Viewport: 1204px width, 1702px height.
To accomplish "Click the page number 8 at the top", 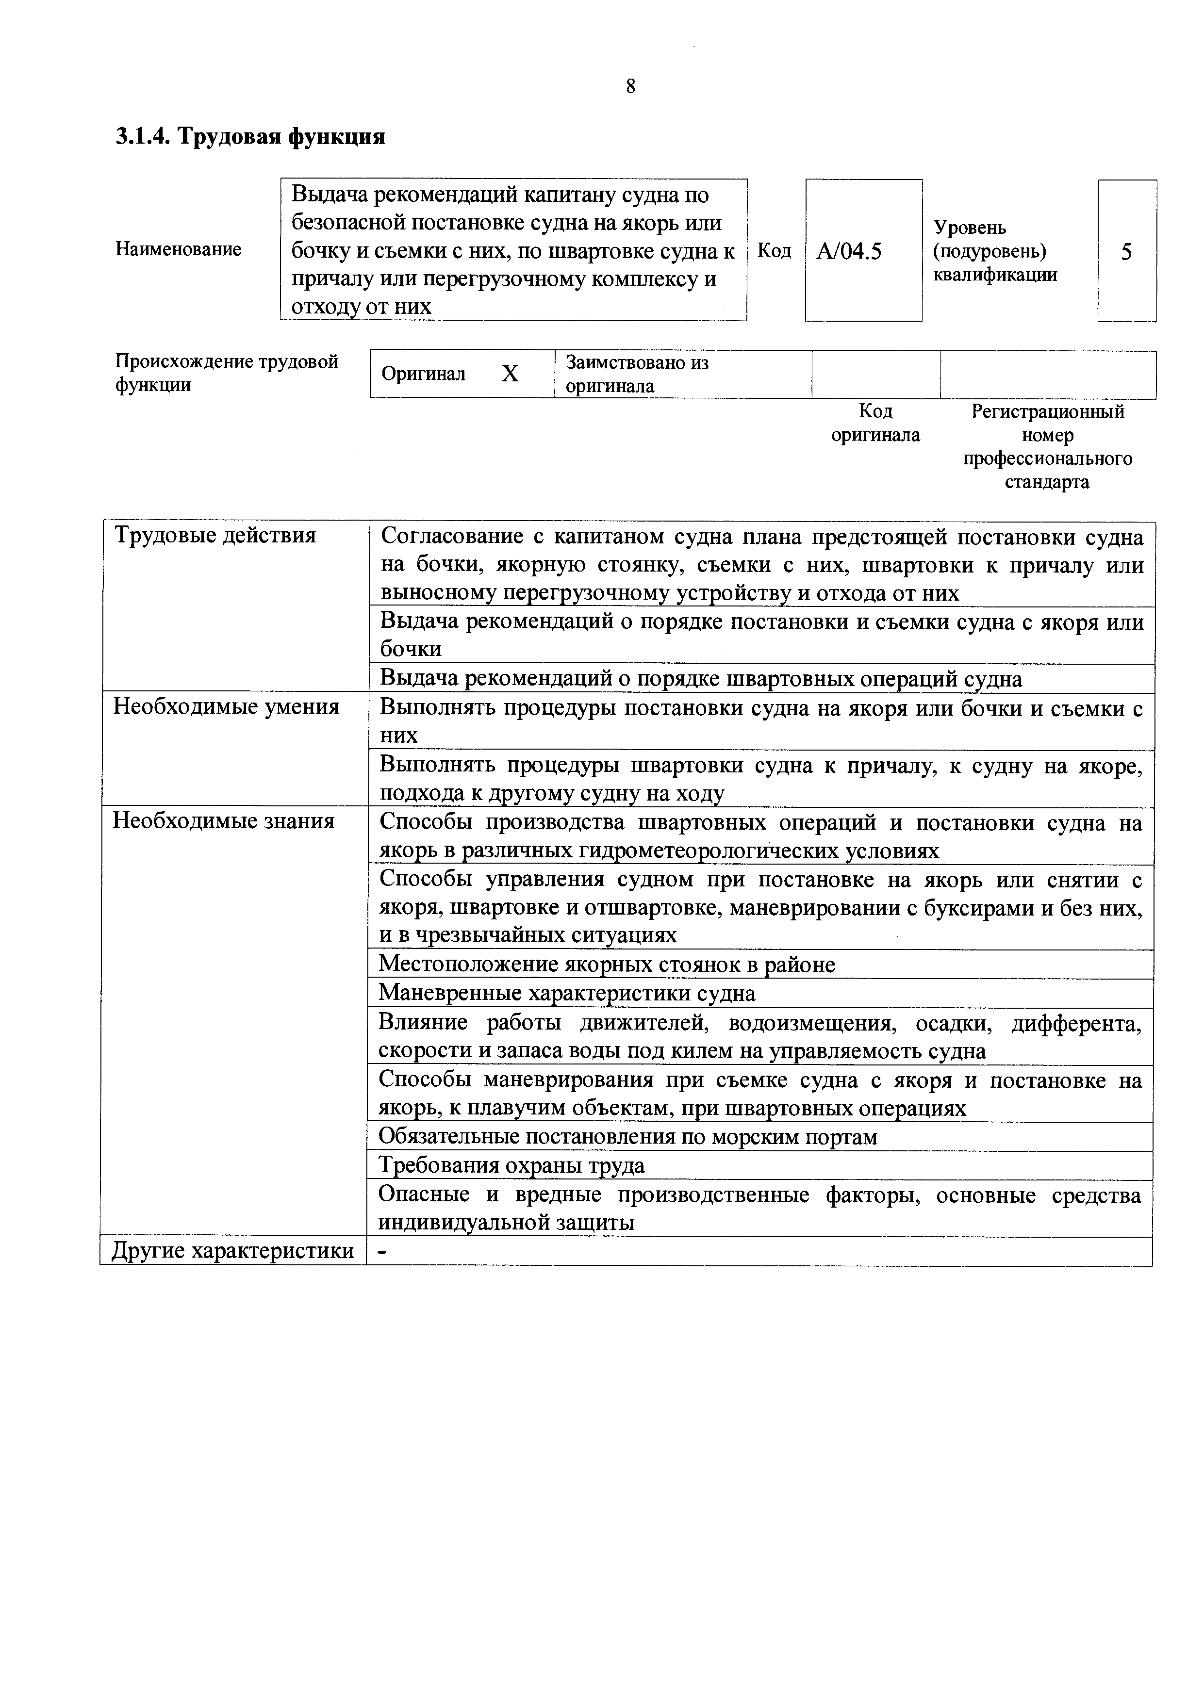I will pos(630,87).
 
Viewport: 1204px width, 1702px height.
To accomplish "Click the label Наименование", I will pos(178,249).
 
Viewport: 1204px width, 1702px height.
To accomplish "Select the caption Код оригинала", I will pos(875,423).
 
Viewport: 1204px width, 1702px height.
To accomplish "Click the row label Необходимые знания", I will pos(223,821).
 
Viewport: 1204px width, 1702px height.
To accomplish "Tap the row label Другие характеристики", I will pos(232,1251).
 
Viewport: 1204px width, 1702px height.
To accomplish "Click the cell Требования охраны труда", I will pos(511,1166).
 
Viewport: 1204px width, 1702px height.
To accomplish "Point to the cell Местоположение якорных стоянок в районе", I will pos(607,965).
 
